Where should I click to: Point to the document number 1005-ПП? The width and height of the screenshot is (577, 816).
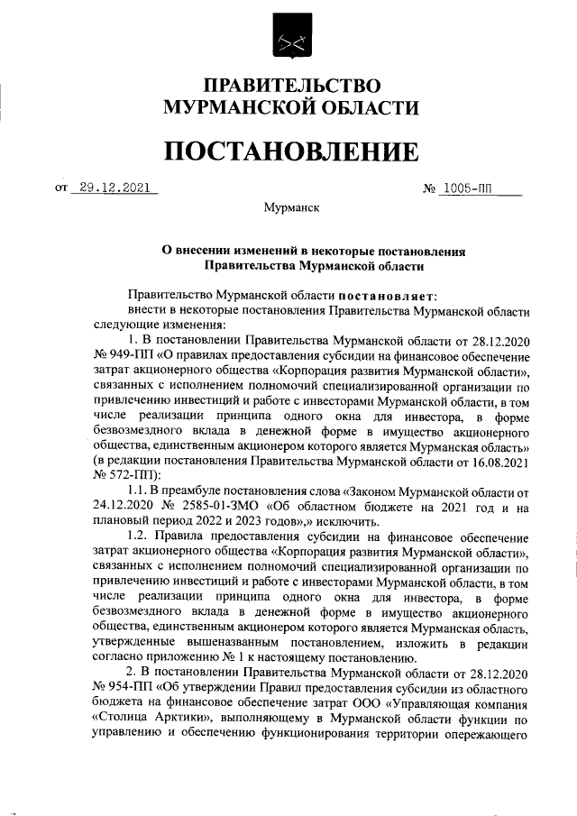472,189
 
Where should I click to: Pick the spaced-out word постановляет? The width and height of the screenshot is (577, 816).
387,295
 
